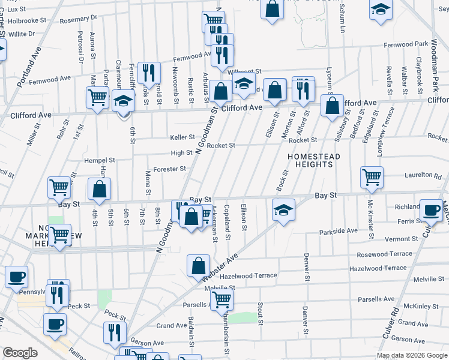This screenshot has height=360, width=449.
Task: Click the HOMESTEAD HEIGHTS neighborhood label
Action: click(x=314, y=161)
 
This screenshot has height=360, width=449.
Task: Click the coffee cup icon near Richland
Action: click(x=431, y=210)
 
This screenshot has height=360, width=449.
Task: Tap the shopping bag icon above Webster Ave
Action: click(x=198, y=265)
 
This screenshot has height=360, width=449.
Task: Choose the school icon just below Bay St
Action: click(x=283, y=210)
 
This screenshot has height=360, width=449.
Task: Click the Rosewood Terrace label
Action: click(x=385, y=254)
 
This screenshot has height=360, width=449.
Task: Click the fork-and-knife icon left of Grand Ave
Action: click(x=113, y=332)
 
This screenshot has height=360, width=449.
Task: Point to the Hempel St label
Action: click(x=100, y=161)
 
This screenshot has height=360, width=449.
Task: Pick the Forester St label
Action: click(x=170, y=169)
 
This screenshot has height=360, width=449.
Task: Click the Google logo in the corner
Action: click(x=20, y=353)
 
